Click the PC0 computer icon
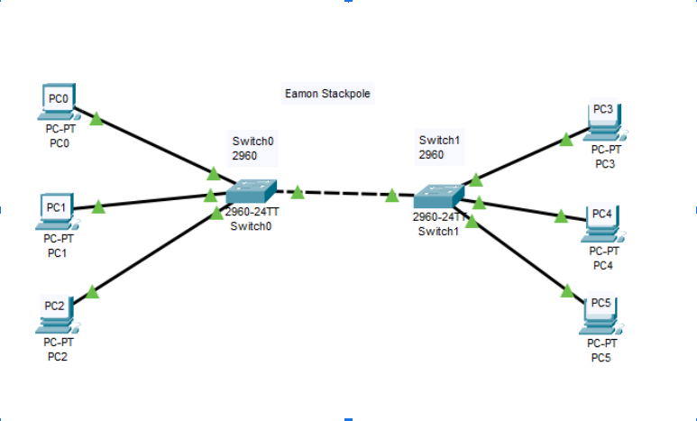pos(59,102)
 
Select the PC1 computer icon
pos(57,210)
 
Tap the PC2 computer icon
pos(58,311)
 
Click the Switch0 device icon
pos(252,191)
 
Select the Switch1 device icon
pos(438,196)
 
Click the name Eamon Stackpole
pos(328,93)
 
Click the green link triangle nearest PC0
pos(96,119)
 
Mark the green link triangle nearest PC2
pos(91,292)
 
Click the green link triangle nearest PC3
pos(566,139)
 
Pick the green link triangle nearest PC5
pos(567,290)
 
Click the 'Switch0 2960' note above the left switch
pos(253,148)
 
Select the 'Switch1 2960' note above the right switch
pos(440,147)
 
